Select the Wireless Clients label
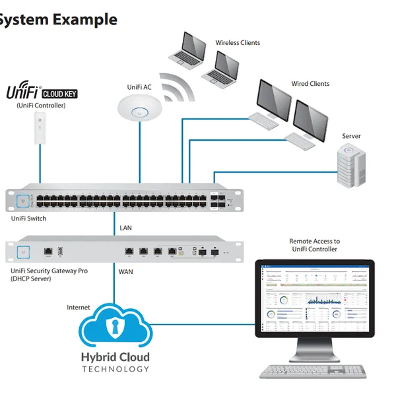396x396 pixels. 238,43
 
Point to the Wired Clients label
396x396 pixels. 310,84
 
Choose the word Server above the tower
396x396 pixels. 351,136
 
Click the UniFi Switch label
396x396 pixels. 29,218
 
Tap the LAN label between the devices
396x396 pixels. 126,228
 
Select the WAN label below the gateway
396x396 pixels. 126,271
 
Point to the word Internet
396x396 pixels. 79,308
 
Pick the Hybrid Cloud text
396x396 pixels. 115,358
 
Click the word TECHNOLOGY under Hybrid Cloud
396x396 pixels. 115,369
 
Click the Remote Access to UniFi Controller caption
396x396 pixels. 314,245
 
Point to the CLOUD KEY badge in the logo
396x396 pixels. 60,93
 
